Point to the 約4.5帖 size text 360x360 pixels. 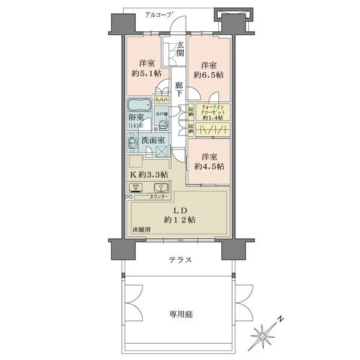click(x=208, y=166)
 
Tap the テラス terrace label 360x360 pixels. click(x=180, y=260)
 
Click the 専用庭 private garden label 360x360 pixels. click(x=180, y=314)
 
